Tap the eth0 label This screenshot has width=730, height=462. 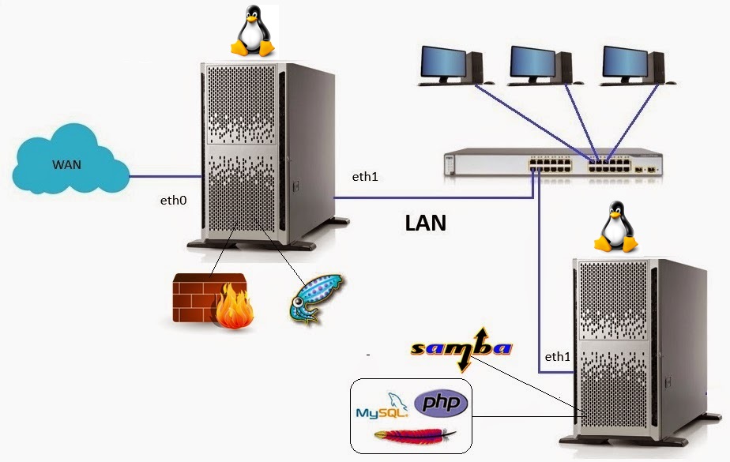(173, 201)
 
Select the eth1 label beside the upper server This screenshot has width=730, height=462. (365, 177)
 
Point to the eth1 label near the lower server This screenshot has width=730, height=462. (558, 357)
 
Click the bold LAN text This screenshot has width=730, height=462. (426, 223)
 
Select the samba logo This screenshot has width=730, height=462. (462, 348)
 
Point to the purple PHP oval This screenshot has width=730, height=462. (441, 404)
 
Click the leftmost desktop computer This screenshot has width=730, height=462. (448, 66)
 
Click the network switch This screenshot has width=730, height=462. (551, 163)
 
